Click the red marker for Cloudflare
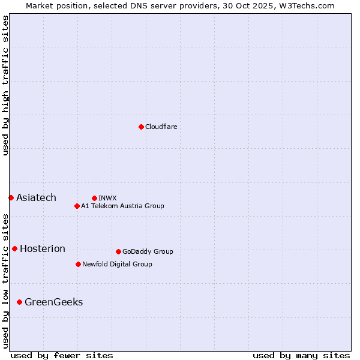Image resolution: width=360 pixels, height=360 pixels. coord(141,127)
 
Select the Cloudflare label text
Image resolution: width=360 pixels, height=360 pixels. coord(161,127)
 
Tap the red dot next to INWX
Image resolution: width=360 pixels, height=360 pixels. coord(94,198)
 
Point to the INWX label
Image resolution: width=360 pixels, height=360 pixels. coord(107,198)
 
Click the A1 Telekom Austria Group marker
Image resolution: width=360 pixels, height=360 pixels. coord(77,206)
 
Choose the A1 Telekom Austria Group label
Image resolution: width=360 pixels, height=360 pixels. coord(122,206)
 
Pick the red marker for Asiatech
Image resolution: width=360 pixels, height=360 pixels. coord(11,197)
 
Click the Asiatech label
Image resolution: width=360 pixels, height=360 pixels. coord(36,198)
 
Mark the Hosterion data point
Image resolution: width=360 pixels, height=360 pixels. coord(14,248)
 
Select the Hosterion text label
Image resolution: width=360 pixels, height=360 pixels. coord(42,249)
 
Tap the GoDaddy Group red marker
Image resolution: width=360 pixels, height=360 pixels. coord(118,251)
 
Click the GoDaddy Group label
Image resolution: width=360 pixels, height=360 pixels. coord(147,252)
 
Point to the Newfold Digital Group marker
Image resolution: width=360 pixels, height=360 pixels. coord(78,264)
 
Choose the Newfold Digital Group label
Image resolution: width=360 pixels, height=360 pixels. coord(117,265)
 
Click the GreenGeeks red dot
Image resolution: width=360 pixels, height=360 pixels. coord(19,302)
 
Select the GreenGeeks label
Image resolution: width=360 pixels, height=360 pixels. coord(53,302)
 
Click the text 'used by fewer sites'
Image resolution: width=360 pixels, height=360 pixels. coord(62,355)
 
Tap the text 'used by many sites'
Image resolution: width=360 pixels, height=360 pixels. coord(301,355)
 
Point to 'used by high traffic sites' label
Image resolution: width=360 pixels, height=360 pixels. coord(5,85)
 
